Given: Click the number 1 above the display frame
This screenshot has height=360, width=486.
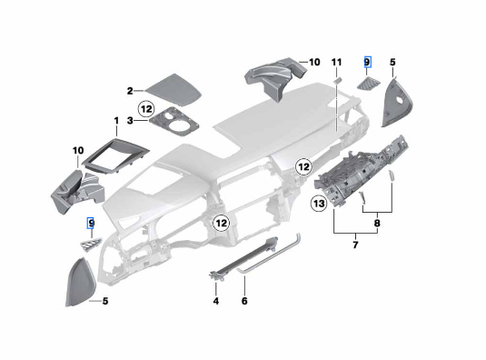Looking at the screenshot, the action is (x=116, y=121).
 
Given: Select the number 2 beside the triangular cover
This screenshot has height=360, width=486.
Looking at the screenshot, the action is (x=130, y=91).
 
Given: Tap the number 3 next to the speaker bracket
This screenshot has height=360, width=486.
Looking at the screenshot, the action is (x=130, y=120).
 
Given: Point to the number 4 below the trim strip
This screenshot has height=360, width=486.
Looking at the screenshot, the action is (x=216, y=301).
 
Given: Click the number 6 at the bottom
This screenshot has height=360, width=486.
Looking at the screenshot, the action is (x=244, y=301).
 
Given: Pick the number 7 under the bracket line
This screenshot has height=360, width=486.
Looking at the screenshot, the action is (x=355, y=245).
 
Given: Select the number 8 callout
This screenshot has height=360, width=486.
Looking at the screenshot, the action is (x=377, y=223).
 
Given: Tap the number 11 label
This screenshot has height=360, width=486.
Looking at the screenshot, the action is (x=337, y=63).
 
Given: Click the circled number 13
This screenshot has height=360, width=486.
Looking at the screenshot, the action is (x=319, y=204).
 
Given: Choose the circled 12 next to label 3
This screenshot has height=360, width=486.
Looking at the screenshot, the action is (x=146, y=109).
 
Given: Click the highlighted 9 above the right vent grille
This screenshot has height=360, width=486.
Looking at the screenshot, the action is (x=367, y=63).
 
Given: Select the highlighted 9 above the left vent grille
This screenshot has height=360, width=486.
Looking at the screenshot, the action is (x=91, y=223).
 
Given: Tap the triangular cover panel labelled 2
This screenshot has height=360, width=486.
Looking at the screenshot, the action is (x=174, y=89).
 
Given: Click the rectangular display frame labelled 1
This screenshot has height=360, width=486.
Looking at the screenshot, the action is (x=115, y=157).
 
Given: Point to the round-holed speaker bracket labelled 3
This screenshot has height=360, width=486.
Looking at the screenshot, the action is (x=174, y=122).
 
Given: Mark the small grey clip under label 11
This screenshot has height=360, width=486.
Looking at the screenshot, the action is (x=337, y=80).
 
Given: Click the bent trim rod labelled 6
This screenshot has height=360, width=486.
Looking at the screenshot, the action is (x=269, y=254).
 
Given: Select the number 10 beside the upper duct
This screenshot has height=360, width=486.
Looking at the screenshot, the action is (x=314, y=63).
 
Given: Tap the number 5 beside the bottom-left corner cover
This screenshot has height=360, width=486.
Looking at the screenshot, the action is (x=105, y=301).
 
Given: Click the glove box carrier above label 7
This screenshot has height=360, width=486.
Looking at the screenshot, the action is (x=361, y=171).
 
